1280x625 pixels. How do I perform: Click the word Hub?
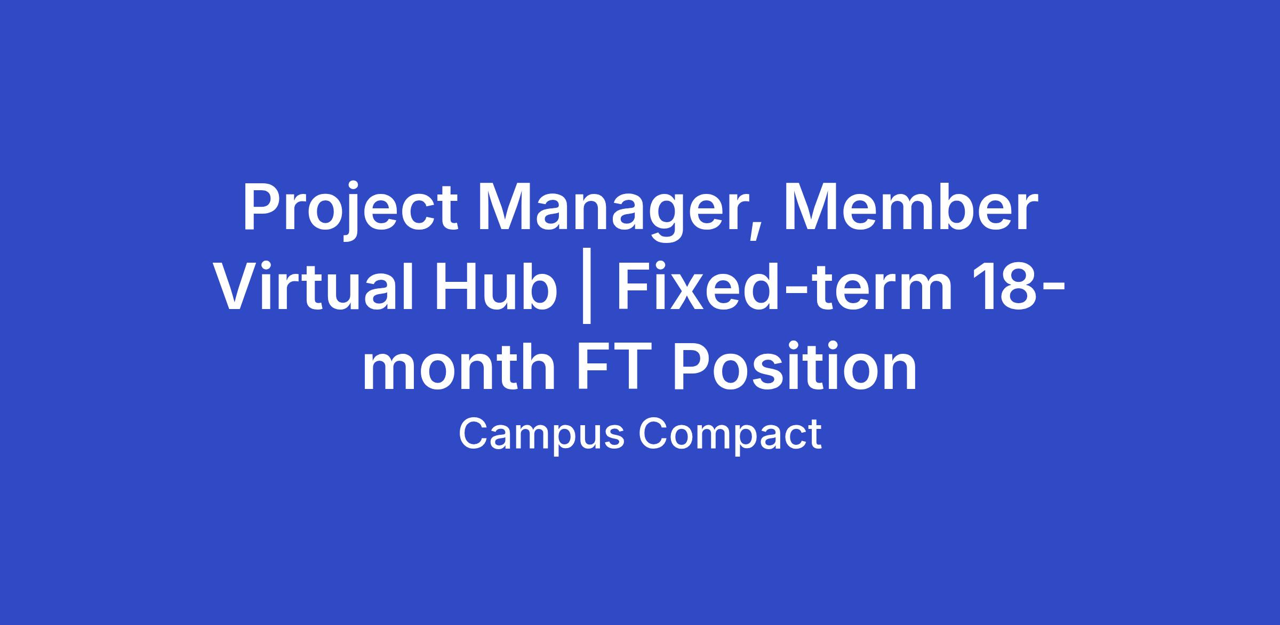(x=495, y=288)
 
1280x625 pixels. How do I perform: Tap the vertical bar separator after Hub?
(x=587, y=290)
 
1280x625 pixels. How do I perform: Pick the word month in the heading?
(x=459, y=368)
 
